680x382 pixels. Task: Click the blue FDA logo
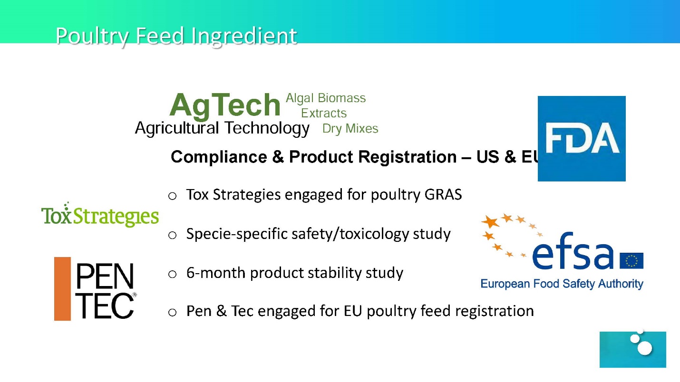coord(582,139)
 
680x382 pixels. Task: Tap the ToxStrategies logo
coord(100,214)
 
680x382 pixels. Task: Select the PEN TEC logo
coord(95,289)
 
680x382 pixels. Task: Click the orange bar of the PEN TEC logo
coord(63,289)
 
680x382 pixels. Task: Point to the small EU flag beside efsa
coord(631,261)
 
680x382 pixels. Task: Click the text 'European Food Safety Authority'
coord(562,284)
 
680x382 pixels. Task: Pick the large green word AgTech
coord(224,105)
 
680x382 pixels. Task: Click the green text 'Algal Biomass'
coord(326,98)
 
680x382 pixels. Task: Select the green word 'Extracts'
coord(324,113)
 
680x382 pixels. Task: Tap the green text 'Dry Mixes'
coord(350,129)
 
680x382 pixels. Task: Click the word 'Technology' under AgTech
coord(267,128)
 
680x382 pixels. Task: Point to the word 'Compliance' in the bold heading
coord(219,157)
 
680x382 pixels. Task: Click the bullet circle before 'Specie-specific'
coord(173,235)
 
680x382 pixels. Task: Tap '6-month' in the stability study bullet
coord(216,273)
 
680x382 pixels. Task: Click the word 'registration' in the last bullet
coord(495,311)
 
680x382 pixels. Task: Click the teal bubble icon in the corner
coord(633,349)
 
